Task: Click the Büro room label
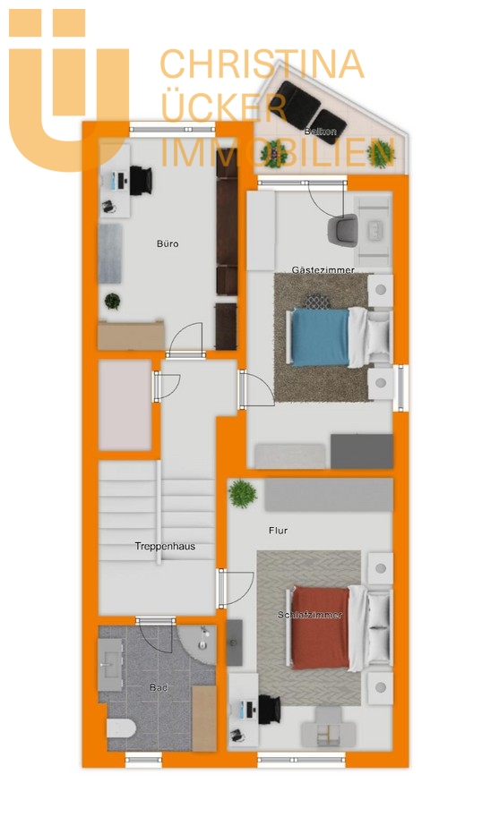point(168,243)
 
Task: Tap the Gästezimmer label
point(323,270)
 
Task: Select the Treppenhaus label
point(165,546)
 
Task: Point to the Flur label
point(278,531)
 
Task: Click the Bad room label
point(159,687)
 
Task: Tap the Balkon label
point(321,132)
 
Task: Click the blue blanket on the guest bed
point(320,337)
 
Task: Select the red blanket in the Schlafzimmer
point(320,627)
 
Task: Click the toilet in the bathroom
point(122,728)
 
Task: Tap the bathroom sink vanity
point(110,664)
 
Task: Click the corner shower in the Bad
point(197,644)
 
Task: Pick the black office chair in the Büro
point(141,180)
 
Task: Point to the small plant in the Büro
point(112,302)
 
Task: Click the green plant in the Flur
point(243,493)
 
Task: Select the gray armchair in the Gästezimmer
point(343,230)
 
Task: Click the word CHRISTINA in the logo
point(262,64)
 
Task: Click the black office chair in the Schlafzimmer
point(270,709)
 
